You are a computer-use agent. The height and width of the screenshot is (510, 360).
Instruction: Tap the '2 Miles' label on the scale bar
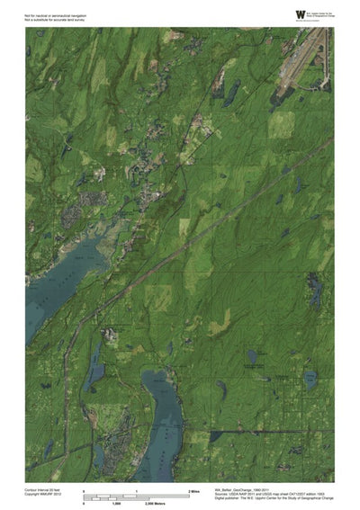point(193,490)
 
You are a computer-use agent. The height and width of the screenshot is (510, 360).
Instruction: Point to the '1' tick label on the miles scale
point(136,490)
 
